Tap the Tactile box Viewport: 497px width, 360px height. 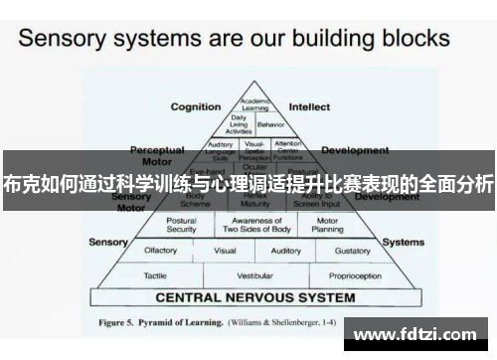click(155, 274)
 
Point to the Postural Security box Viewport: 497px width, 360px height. click(182, 225)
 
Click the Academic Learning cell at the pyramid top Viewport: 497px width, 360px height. click(255, 105)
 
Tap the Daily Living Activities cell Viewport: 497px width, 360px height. click(240, 124)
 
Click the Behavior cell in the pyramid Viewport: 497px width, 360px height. click(269, 125)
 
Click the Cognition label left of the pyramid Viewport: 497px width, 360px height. click(196, 107)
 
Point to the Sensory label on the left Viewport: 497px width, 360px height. click(108, 242)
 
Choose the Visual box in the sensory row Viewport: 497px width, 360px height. click(225, 252)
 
